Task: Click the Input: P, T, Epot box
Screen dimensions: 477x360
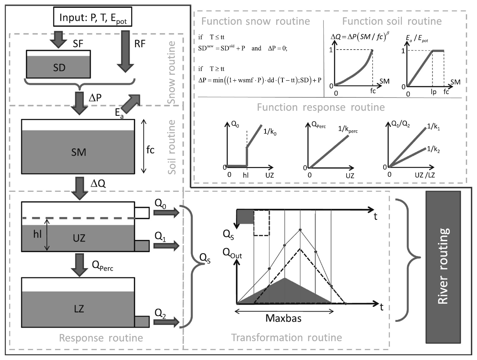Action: (93, 17)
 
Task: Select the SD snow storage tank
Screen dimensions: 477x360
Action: (58, 64)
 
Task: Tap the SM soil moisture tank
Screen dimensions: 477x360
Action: (78, 147)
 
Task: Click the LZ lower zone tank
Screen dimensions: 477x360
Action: (78, 302)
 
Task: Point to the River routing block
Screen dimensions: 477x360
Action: (443, 267)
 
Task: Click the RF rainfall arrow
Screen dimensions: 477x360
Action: (125, 51)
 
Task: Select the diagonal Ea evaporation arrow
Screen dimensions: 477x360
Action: (130, 104)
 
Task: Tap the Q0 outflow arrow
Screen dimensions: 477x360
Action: (167, 212)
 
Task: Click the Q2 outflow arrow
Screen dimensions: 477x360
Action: (167, 322)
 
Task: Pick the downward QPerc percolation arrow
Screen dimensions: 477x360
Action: (80, 265)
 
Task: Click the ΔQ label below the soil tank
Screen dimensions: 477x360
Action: (98, 184)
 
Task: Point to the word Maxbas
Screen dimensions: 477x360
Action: (283, 318)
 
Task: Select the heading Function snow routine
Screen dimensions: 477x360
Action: (256, 21)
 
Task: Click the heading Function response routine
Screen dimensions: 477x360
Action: (321, 107)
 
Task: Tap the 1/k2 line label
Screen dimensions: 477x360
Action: (433, 149)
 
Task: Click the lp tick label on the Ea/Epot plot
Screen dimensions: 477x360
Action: (433, 92)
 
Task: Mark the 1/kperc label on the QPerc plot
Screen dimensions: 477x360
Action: (348, 130)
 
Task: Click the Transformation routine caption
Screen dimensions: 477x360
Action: (286, 338)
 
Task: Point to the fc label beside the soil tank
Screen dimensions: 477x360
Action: (150, 150)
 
